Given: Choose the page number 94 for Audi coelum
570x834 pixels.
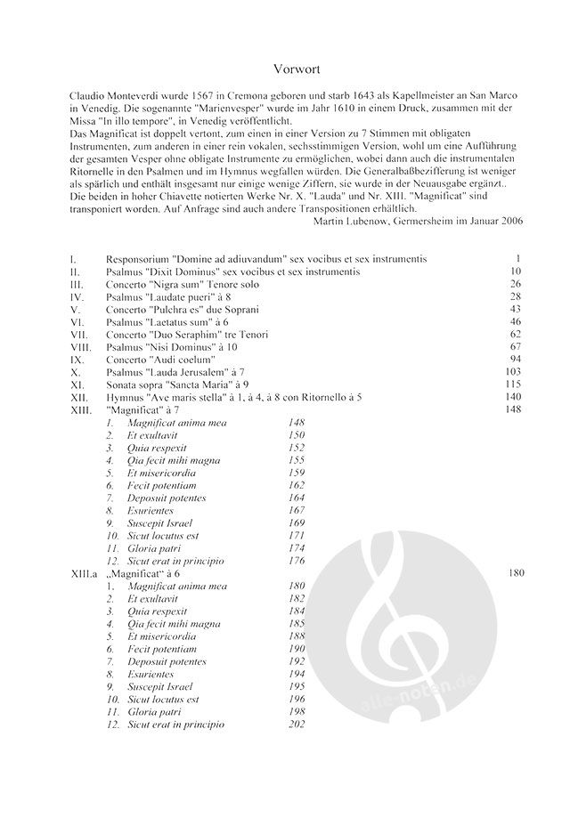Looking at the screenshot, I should (x=514, y=359).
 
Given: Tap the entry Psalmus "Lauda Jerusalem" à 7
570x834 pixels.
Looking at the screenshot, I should (x=181, y=371).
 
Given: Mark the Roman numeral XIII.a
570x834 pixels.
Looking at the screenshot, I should (x=85, y=574).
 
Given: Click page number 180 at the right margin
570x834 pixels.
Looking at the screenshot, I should (x=515, y=574).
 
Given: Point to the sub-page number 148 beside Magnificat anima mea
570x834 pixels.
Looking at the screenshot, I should (x=297, y=422).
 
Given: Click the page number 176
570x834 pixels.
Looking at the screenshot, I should (x=297, y=561).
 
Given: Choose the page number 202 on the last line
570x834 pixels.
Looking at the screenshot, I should (x=297, y=725).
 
